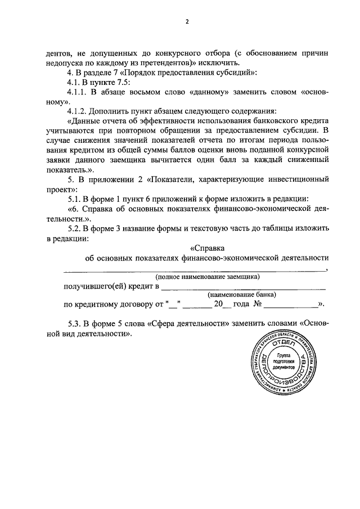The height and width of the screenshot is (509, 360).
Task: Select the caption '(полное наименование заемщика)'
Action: [208, 277]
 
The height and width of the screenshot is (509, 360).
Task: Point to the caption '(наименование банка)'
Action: [242, 295]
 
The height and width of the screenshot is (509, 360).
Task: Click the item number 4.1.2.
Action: [79, 111]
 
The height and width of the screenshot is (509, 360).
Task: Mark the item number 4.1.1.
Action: [79, 92]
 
